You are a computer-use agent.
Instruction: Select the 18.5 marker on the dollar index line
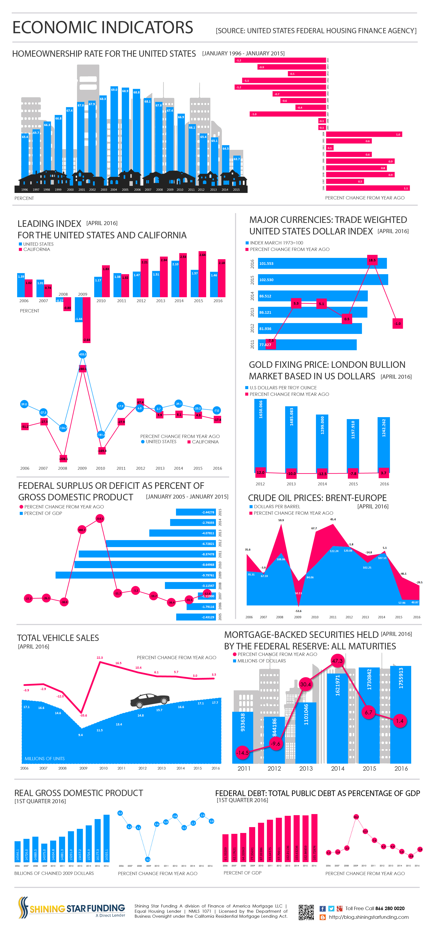tap(372, 260)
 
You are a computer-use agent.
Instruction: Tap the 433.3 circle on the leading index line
tap(83, 354)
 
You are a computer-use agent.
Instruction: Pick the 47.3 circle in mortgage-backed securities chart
tap(337, 661)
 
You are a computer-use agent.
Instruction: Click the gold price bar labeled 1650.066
tap(260, 435)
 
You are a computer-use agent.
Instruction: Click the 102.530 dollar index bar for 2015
tap(322, 280)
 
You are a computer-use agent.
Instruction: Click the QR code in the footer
tap(306, 912)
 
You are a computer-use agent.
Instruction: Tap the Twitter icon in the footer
tap(331, 908)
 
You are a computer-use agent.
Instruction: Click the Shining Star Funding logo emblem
tap(23, 907)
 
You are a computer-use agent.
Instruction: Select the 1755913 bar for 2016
tap(401, 714)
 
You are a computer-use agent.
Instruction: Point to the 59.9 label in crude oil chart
tap(281, 520)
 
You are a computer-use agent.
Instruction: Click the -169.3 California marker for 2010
tap(102, 451)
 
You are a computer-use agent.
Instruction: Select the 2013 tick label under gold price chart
tap(291, 484)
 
